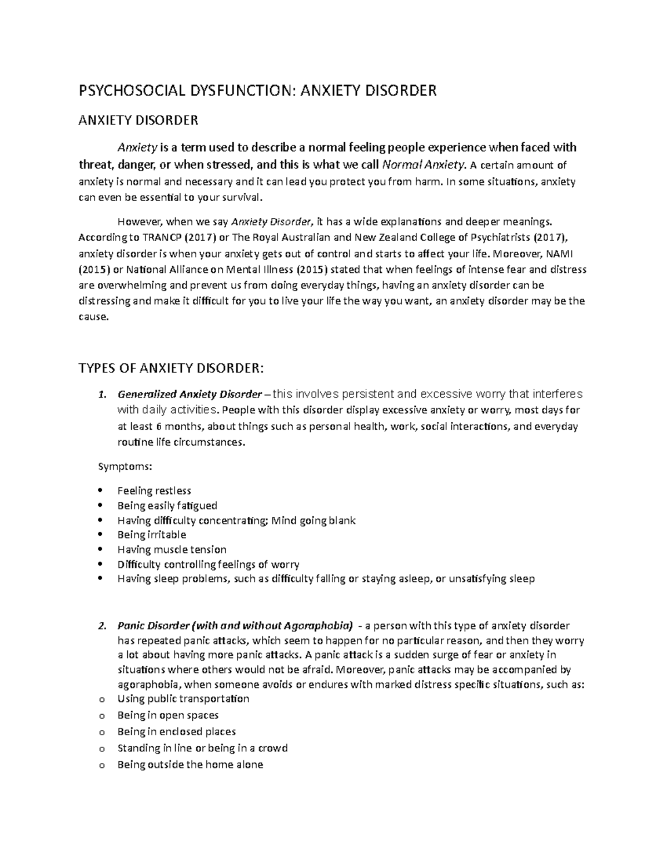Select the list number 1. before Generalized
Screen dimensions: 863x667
coord(101,395)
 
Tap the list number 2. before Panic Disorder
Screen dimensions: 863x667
coord(101,626)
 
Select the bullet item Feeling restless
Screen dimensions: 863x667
coord(154,491)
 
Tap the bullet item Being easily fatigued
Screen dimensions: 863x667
coord(167,506)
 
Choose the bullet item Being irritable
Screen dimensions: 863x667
coord(152,535)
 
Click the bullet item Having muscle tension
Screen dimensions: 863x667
coord(172,550)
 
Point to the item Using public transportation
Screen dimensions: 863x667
coord(183,699)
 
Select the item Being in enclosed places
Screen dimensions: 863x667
coord(176,731)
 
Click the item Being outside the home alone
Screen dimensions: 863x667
coord(190,764)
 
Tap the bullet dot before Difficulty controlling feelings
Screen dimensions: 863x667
coord(100,564)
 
